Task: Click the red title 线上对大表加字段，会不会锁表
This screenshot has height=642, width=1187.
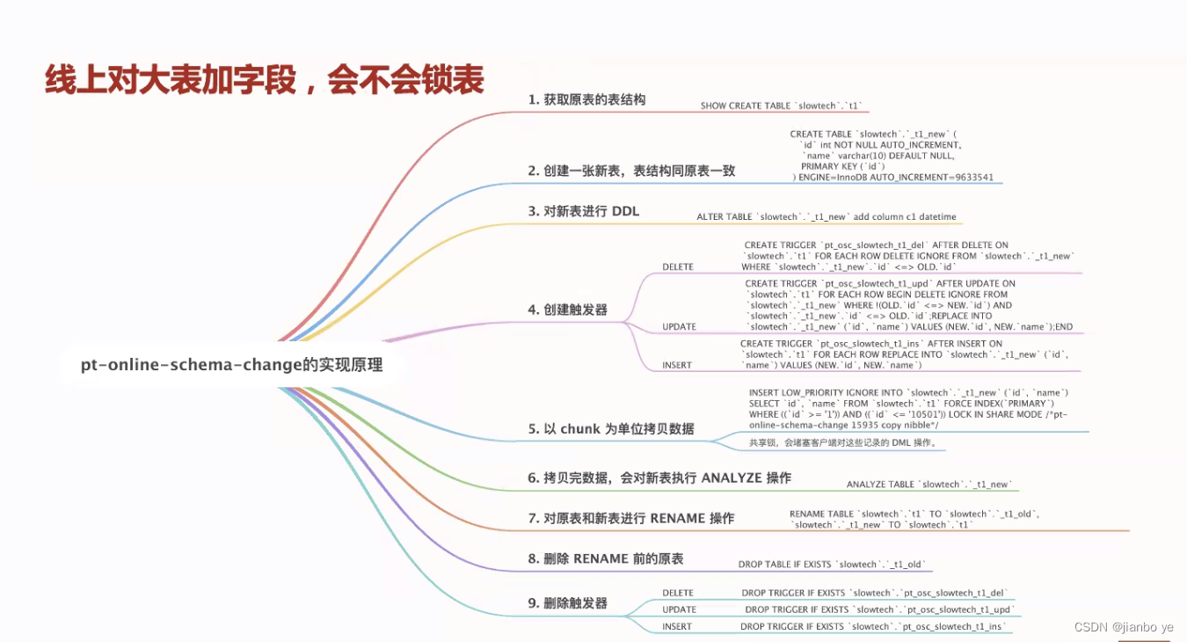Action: [x=264, y=80]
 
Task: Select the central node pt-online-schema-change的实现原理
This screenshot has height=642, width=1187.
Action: [x=231, y=364]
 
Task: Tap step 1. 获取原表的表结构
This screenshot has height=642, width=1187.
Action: [x=586, y=100]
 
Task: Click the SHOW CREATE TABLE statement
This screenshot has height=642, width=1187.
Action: [x=783, y=106]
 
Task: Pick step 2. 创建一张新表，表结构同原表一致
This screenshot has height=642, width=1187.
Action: [x=631, y=171]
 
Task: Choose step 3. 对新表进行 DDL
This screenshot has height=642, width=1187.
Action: [x=583, y=211]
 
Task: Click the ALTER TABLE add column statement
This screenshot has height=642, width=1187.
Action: [x=826, y=217]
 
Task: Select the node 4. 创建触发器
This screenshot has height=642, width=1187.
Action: [x=567, y=310]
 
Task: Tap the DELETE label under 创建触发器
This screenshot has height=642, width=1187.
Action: [x=677, y=266]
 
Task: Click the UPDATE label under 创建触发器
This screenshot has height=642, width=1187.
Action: [x=678, y=327]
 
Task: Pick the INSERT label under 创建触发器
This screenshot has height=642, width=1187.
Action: [x=676, y=365]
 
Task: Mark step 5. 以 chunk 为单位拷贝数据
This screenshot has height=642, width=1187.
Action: [x=611, y=429]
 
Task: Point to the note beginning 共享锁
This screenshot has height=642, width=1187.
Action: [x=843, y=442]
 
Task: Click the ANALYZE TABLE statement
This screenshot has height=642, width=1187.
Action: [x=929, y=485]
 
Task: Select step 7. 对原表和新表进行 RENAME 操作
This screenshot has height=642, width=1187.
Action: [x=630, y=518]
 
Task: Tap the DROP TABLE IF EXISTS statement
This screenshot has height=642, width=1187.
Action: [x=832, y=565]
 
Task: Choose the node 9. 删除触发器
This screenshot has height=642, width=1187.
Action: [x=567, y=603]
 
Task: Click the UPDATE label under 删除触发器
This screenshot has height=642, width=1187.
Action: [x=678, y=609]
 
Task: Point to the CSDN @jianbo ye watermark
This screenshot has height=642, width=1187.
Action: [x=1124, y=627]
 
